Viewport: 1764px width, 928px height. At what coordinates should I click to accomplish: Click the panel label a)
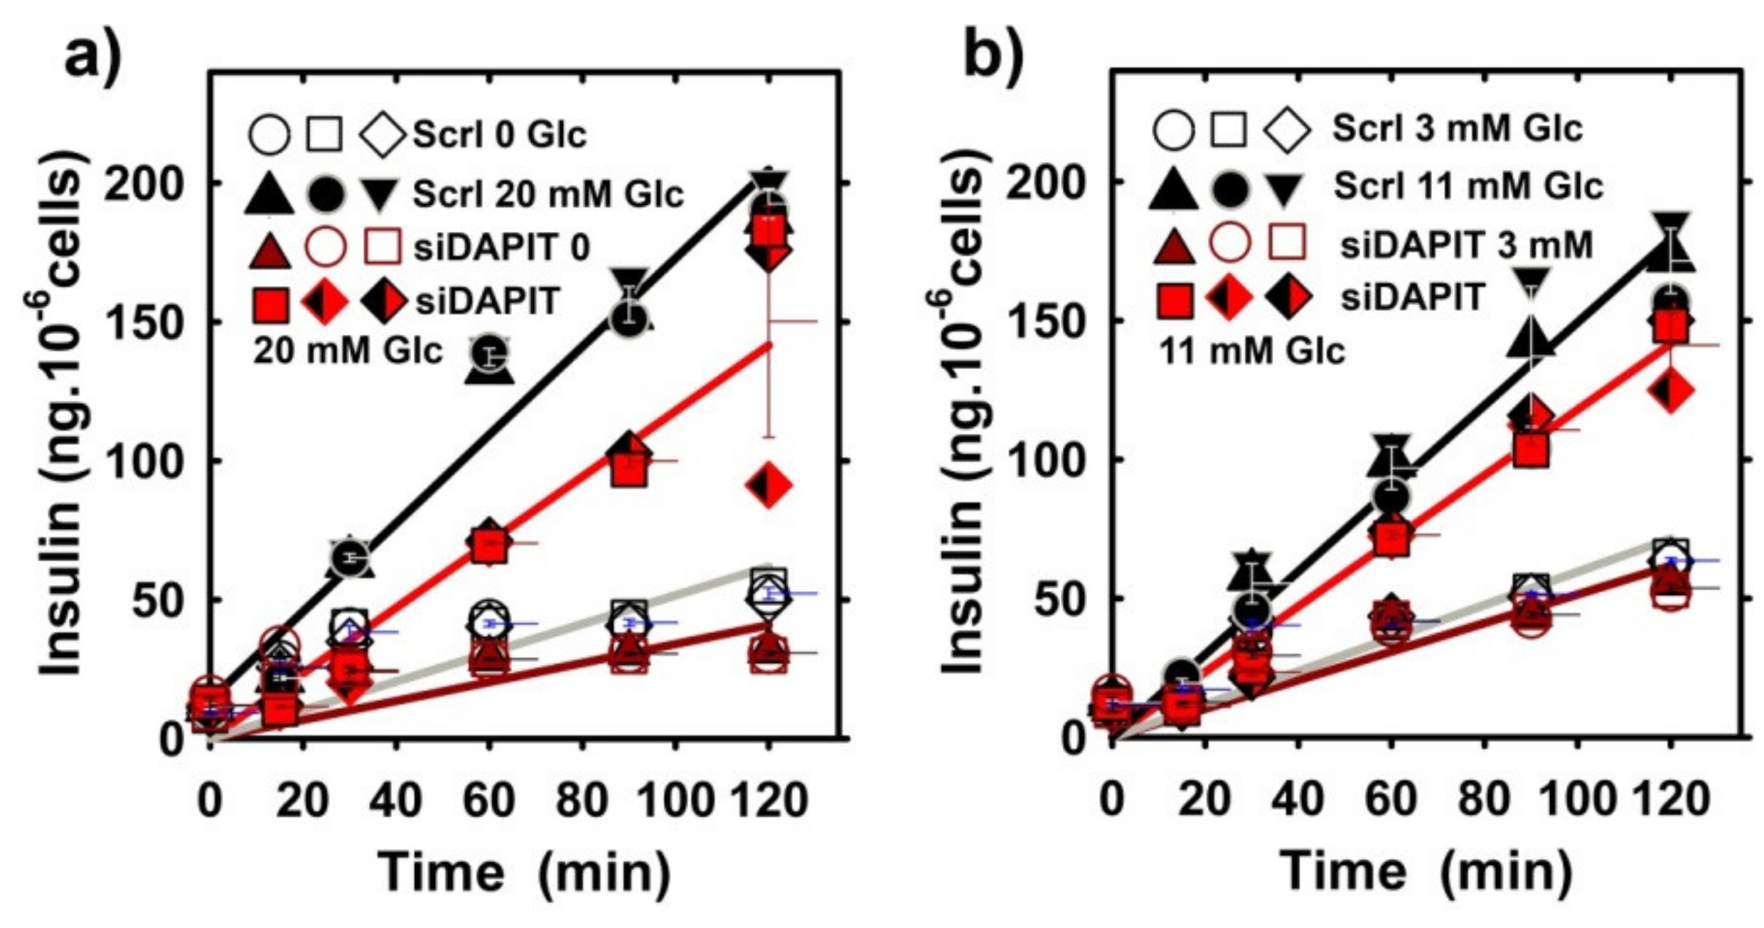coord(92,58)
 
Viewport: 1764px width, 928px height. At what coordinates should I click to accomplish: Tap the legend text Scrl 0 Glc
coord(500,134)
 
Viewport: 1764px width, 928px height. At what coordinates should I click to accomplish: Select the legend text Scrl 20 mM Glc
coord(548,194)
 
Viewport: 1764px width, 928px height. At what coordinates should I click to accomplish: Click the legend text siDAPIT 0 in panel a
coord(502,248)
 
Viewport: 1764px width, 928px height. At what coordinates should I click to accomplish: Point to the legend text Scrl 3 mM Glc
coord(1458,129)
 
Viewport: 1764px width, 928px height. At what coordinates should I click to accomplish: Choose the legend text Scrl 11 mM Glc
coord(1468,186)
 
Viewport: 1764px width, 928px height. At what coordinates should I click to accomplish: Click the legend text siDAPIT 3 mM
coord(1466,245)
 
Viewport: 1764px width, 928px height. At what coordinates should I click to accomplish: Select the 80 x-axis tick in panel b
coord(1485,800)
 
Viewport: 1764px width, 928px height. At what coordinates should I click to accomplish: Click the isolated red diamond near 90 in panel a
coord(769,485)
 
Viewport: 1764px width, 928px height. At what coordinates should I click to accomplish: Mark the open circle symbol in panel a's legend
coord(269,134)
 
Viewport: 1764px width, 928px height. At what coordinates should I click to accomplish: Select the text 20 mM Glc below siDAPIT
coord(348,351)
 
